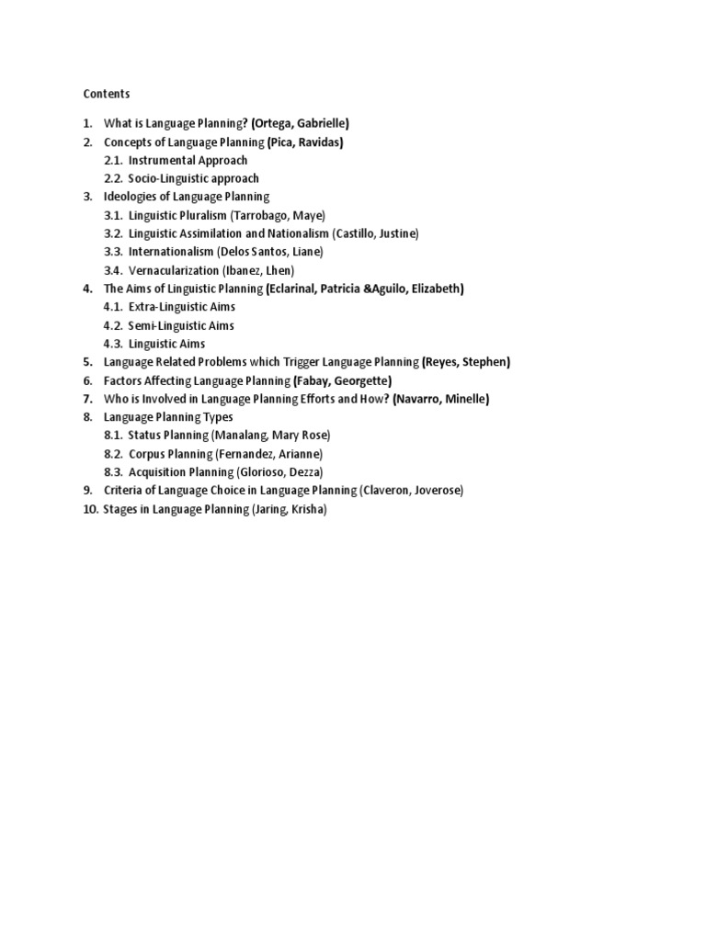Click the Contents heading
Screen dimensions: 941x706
[x=107, y=94]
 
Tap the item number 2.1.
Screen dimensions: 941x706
[x=113, y=160]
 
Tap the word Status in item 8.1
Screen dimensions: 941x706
[x=145, y=436]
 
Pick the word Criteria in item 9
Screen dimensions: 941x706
[x=123, y=491]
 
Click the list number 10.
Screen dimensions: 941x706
[x=89, y=509]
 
